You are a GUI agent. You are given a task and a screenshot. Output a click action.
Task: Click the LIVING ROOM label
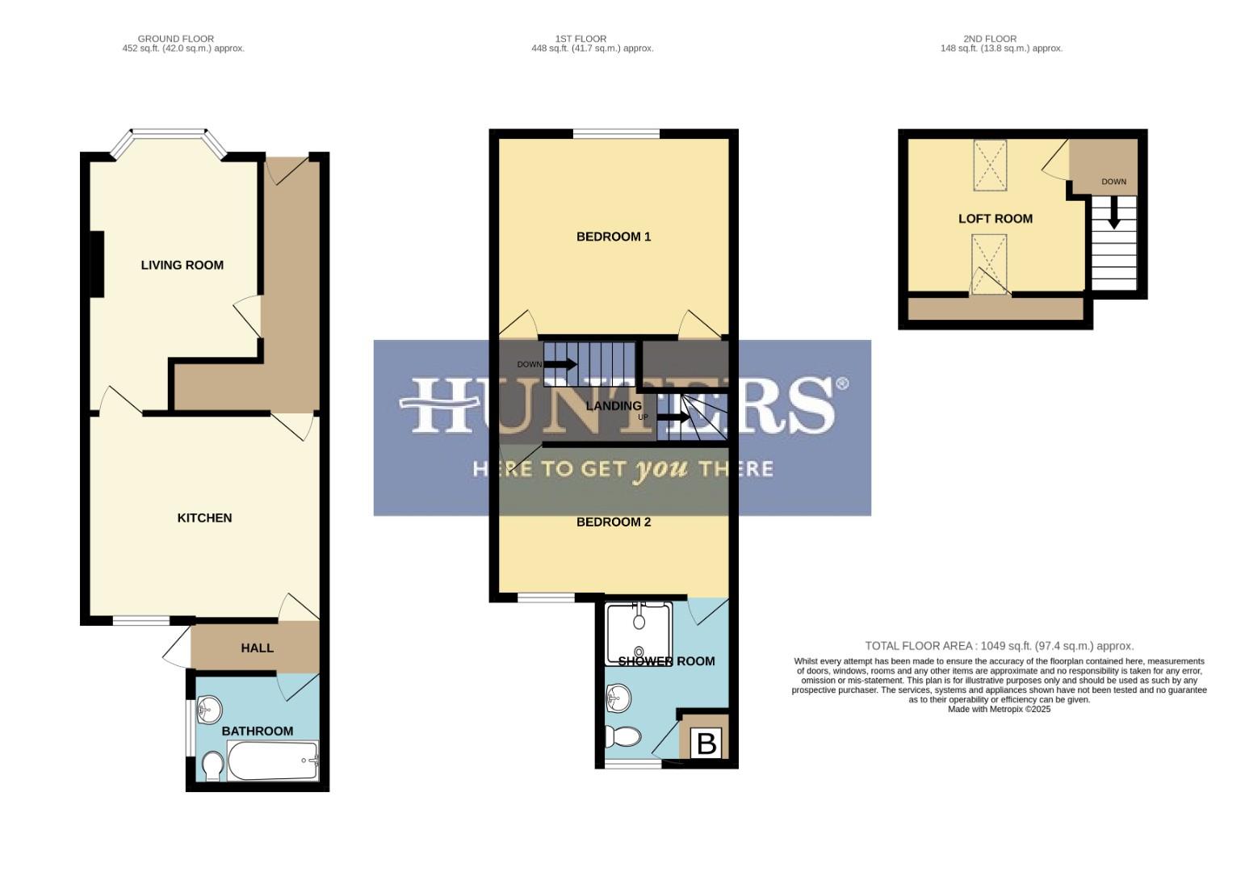(x=182, y=265)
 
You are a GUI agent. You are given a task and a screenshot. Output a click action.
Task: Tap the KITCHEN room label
(x=204, y=518)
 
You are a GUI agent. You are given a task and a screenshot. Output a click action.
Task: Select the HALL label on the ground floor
(x=257, y=648)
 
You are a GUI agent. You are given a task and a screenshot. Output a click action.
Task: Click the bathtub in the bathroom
(x=273, y=761)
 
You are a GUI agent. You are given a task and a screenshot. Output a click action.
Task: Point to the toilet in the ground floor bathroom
(x=212, y=766)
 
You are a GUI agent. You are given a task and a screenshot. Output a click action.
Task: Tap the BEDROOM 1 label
(x=613, y=237)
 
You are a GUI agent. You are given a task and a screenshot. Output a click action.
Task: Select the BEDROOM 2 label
(x=613, y=522)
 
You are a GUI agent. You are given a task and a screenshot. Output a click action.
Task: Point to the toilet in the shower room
(x=623, y=736)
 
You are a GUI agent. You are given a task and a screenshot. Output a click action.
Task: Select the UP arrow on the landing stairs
(x=673, y=418)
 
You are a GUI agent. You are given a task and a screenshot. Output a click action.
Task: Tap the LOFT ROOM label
(x=995, y=219)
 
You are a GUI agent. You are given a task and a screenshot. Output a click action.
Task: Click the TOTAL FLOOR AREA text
(x=999, y=646)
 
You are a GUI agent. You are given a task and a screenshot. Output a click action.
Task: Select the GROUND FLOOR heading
(x=176, y=39)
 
